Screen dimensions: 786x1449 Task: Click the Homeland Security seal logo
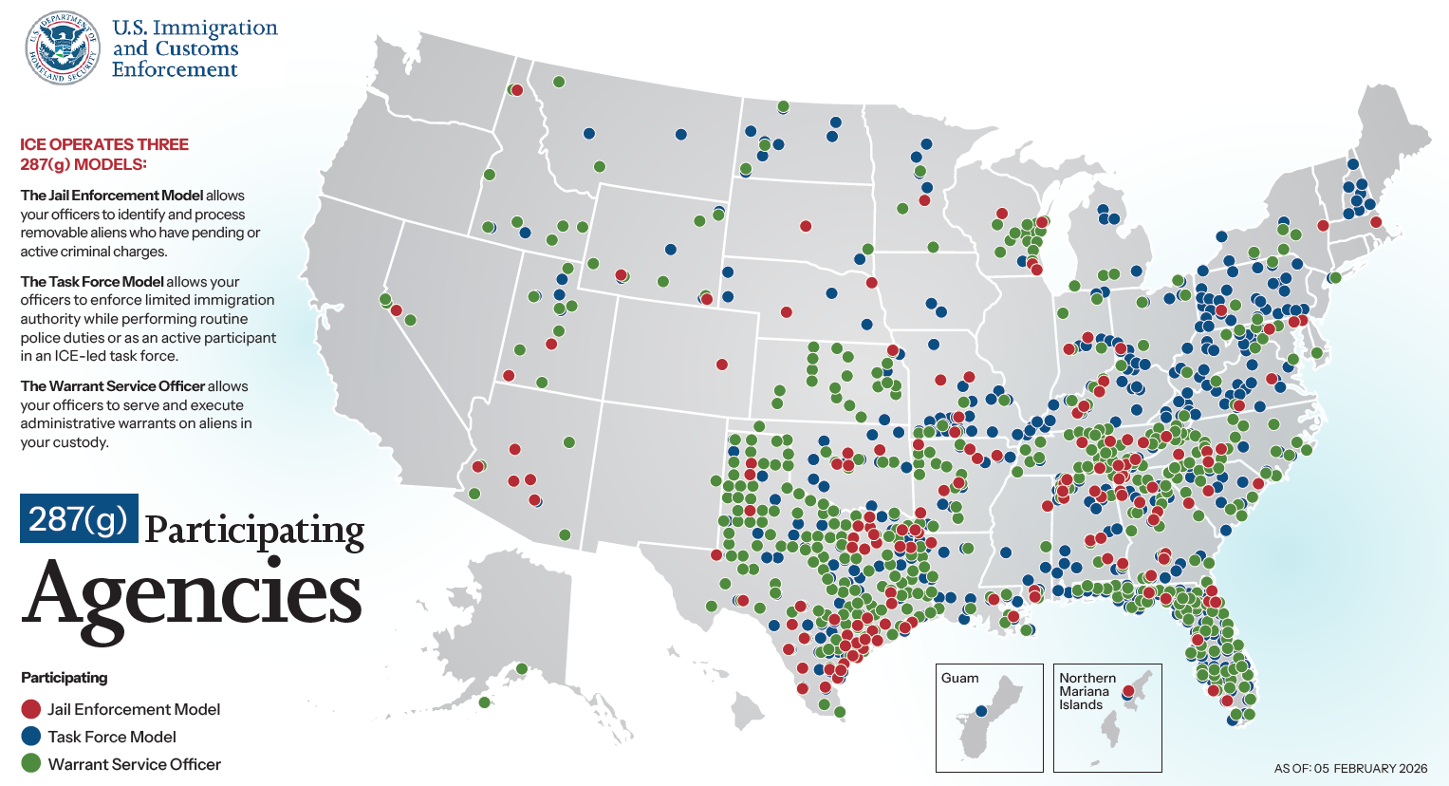coord(63,48)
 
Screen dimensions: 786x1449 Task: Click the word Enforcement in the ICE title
coord(175,70)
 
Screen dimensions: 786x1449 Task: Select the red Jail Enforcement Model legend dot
coord(31,709)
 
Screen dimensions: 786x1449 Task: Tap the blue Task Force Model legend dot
coord(31,737)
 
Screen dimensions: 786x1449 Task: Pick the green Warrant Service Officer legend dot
coord(31,763)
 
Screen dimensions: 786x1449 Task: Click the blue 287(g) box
coord(79,518)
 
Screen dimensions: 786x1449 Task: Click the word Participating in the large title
coord(254,530)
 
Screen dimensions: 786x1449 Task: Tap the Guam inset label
coord(959,678)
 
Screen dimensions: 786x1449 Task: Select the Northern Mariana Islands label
coord(1087,691)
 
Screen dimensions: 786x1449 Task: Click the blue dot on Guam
coord(981,711)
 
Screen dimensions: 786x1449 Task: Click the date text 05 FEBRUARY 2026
coord(1370,769)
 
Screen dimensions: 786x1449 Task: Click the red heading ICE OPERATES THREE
coord(104,144)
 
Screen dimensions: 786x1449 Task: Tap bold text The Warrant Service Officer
coord(113,386)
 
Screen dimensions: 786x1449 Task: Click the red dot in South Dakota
coord(806,226)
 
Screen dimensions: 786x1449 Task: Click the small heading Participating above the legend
coord(64,678)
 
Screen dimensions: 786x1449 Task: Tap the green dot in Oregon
coord(490,175)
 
